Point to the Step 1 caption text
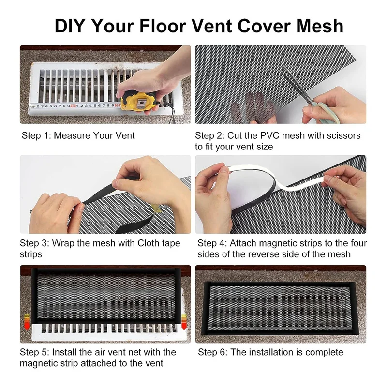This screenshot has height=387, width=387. [x=78, y=135]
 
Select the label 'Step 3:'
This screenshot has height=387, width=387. [x=37, y=243]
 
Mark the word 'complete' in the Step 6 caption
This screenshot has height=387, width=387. [x=325, y=352]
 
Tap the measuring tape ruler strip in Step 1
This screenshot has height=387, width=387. [x=73, y=106]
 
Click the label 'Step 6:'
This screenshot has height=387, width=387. [x=212, y=352]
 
